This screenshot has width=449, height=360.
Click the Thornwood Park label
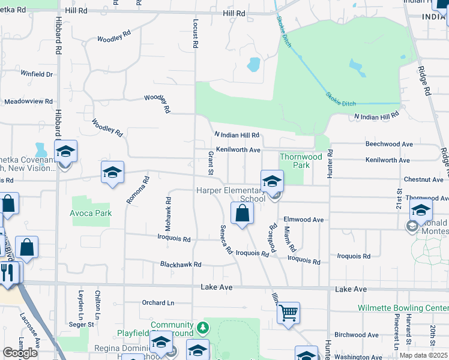click(301, 161)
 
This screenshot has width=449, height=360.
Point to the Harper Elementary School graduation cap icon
click(272, 181)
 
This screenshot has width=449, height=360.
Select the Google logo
click(20, 353)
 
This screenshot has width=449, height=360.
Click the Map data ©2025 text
click(424, 355)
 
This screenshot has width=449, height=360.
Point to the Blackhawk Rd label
click(180, 264)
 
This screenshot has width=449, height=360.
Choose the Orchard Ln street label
click(157, 303)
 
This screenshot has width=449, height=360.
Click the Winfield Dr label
click(37, 74)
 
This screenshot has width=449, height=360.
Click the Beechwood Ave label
click(389, 145)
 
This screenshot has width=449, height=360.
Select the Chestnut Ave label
click(424, 179)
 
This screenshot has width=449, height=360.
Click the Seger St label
click(82, 325)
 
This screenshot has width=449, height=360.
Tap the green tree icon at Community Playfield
click(203, 327)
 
